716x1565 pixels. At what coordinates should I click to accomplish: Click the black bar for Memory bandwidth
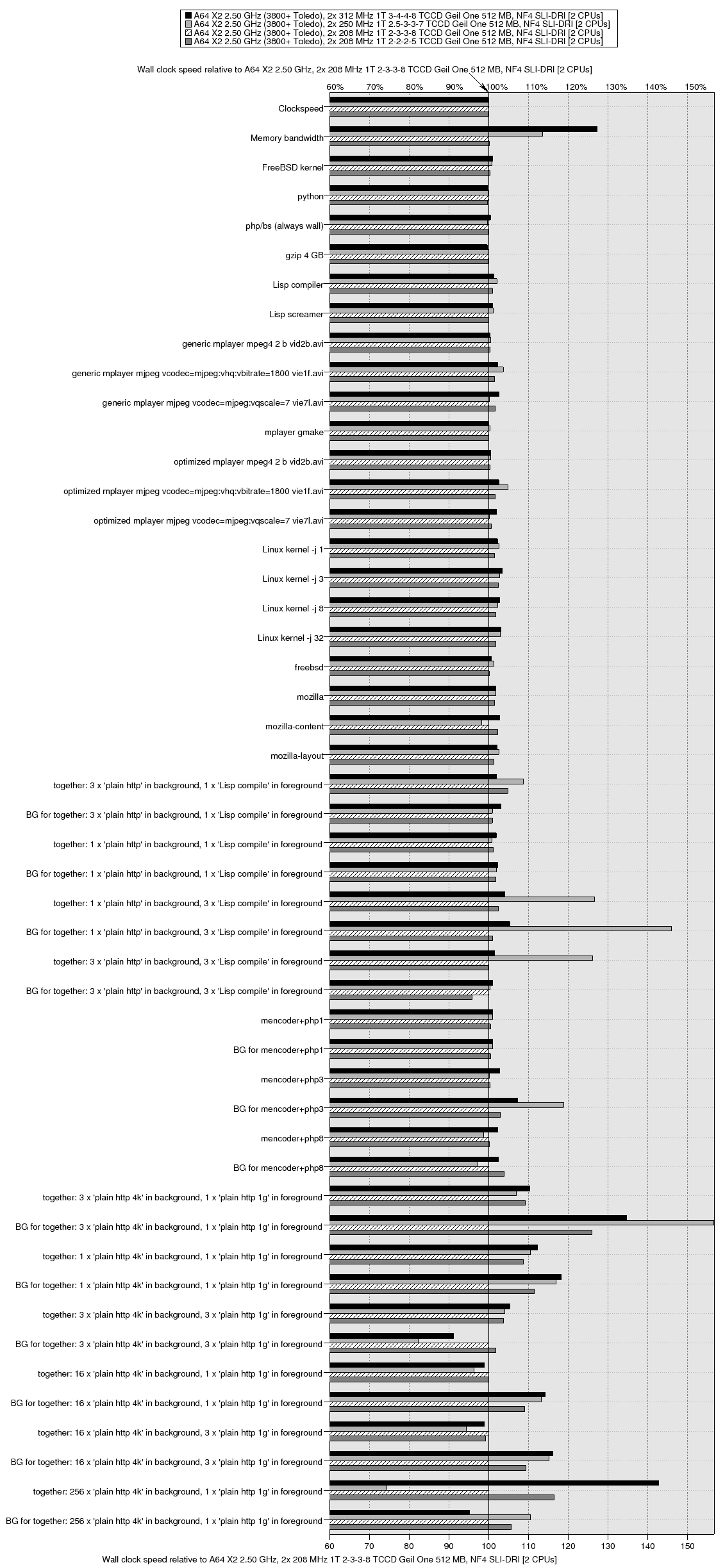463,129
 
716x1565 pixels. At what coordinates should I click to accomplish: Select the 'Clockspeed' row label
301,109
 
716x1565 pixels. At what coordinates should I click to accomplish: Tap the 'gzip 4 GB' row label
304,256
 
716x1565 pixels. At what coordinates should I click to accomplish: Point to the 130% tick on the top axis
616,87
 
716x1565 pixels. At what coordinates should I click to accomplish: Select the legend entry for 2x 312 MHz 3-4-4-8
398,15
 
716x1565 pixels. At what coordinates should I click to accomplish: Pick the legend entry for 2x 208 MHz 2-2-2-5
398,41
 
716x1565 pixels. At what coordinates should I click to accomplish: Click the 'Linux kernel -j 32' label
290,638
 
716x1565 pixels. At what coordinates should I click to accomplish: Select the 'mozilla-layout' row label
297,756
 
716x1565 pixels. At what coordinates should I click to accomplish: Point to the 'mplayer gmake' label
294,433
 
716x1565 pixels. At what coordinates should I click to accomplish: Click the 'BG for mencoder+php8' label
278,1168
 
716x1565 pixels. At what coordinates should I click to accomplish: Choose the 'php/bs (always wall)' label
285,226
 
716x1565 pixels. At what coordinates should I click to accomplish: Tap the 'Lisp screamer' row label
296,315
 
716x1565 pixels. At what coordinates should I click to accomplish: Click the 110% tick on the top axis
536,87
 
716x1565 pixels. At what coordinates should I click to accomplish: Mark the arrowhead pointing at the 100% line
485,90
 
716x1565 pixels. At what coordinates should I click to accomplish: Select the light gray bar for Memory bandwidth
436,134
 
